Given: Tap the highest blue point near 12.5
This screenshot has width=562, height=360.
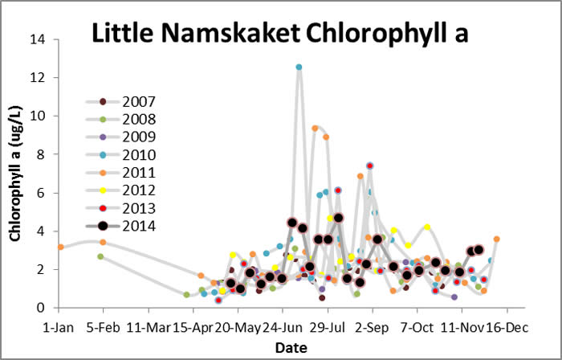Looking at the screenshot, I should [x=299, y=67].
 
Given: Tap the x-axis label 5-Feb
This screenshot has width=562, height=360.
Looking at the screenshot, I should [x=102, y=327].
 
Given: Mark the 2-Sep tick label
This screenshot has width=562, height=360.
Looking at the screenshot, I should [x=372, y=327].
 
